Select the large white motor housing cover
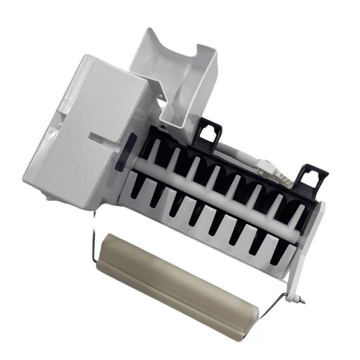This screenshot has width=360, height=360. coord(87,125)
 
